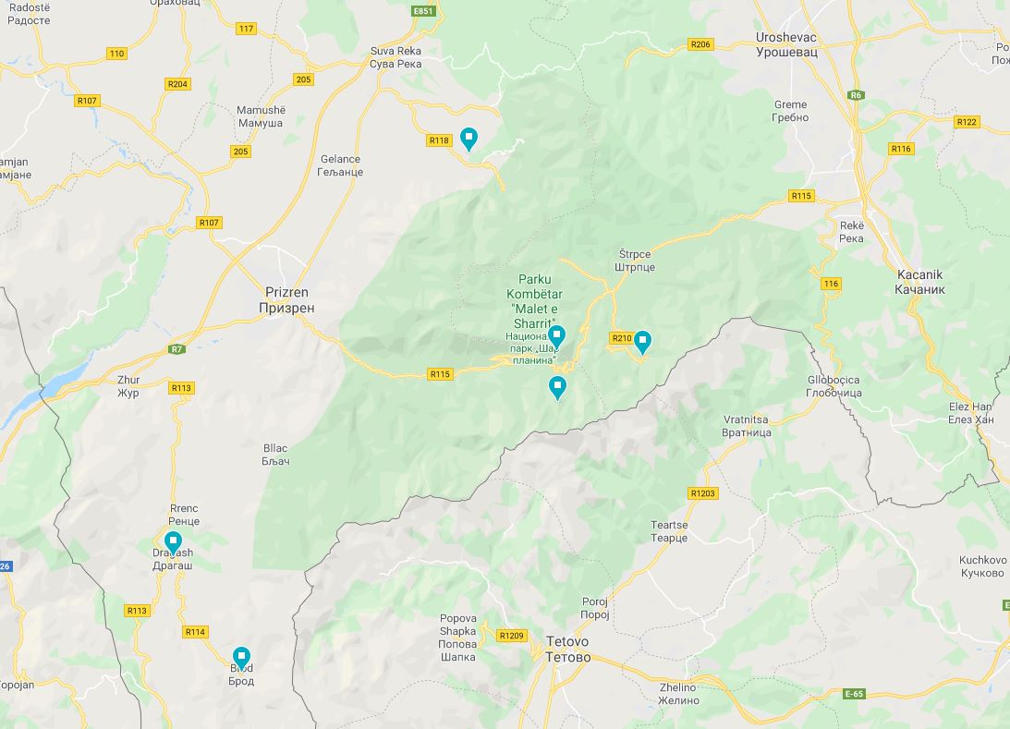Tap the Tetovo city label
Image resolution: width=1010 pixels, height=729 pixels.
[567, 650]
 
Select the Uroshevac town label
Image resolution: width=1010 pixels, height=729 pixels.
[785, 45]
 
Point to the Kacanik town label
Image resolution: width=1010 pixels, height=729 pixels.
[921, 282]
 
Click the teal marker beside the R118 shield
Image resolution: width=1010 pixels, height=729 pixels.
[468, 139]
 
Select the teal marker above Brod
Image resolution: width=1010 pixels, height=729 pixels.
[241, 658]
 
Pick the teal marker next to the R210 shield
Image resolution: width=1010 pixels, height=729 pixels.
[642, 342]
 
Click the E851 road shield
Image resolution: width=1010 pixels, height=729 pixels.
[423, 11]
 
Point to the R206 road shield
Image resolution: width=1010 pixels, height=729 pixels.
[700, 44]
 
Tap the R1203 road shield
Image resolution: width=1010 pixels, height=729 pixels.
[702, 493]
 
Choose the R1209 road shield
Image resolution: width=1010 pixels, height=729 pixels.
[511, 636]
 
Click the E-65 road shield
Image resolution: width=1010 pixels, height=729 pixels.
[854, 693]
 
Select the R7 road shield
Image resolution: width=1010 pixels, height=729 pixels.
[176, 349]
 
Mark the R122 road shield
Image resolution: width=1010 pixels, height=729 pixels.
[967, 122]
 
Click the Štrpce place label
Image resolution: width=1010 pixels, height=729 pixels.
[636, 261]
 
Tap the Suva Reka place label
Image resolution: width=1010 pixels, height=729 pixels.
[395, 57]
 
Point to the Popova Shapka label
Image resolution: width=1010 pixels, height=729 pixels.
[457, 638]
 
